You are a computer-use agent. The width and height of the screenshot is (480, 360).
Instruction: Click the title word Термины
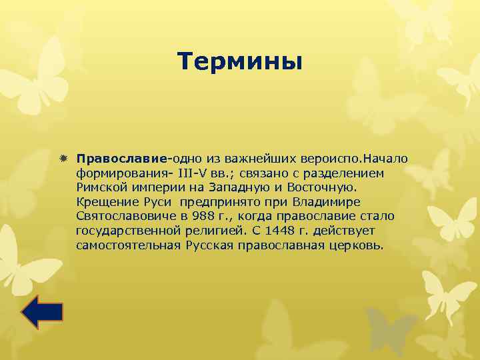pyautogui.click(x=240, y=62)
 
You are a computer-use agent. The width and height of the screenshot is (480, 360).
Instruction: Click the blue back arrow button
pyautogui.click(x=42, y=313)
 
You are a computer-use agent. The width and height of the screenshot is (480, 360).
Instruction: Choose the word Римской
pyautogui.click(x=99, y=187)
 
